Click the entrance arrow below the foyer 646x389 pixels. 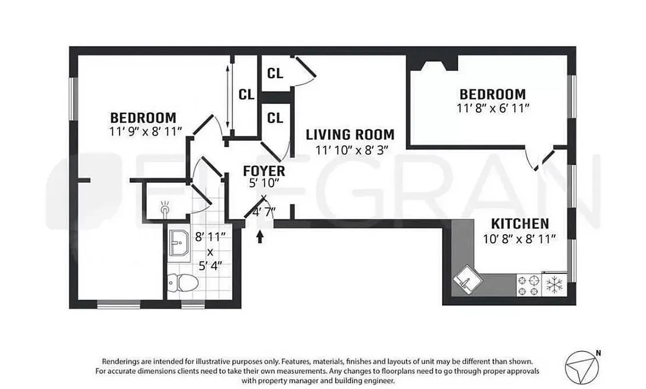260,236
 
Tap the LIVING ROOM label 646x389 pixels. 350,135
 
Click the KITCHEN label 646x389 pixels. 520,224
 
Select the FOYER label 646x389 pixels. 264,171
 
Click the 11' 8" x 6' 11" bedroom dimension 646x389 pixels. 493,107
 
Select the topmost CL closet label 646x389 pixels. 275,73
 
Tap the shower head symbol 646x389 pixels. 165,209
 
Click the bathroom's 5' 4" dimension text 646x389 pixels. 210,267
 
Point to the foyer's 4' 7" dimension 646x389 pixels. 266,212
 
